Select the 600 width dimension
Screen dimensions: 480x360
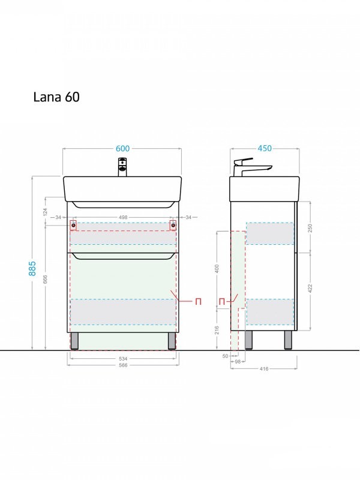123,148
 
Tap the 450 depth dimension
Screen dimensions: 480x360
265,148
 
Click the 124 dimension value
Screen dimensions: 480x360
46,211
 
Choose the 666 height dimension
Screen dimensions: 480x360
46,280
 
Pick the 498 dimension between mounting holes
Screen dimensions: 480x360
123,217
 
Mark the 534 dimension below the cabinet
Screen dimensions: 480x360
123,359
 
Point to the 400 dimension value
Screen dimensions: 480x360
217,269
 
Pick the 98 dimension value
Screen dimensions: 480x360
238,362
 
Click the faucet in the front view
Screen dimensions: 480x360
122,166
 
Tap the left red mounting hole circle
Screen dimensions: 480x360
74,226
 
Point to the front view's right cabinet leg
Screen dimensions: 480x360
172,340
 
